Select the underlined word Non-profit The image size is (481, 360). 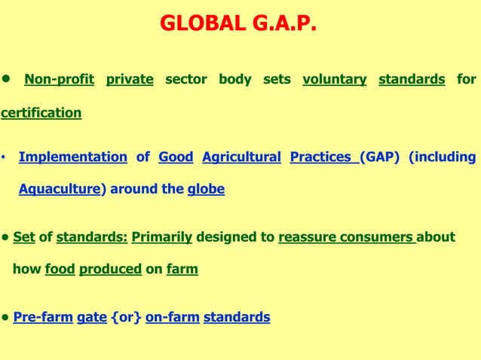coord(59,79)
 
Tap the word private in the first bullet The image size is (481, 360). coord(130,79)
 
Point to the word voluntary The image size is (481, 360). coord(334,79)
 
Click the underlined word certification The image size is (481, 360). coord(41,113)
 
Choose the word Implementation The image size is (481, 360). coord(72,157)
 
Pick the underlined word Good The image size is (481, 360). coord(175,157)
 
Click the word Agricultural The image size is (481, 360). coord(241,157)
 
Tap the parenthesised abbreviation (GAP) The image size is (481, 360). coord(379,157)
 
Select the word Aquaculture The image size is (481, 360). coord(60,189)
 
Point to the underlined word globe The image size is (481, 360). coord(206,189)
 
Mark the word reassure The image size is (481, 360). coord(307,237)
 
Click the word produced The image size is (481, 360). coord(110,269)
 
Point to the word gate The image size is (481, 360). coord(91,317)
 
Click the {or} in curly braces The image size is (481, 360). coord(126,317)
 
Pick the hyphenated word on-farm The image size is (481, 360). coord(172,317)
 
